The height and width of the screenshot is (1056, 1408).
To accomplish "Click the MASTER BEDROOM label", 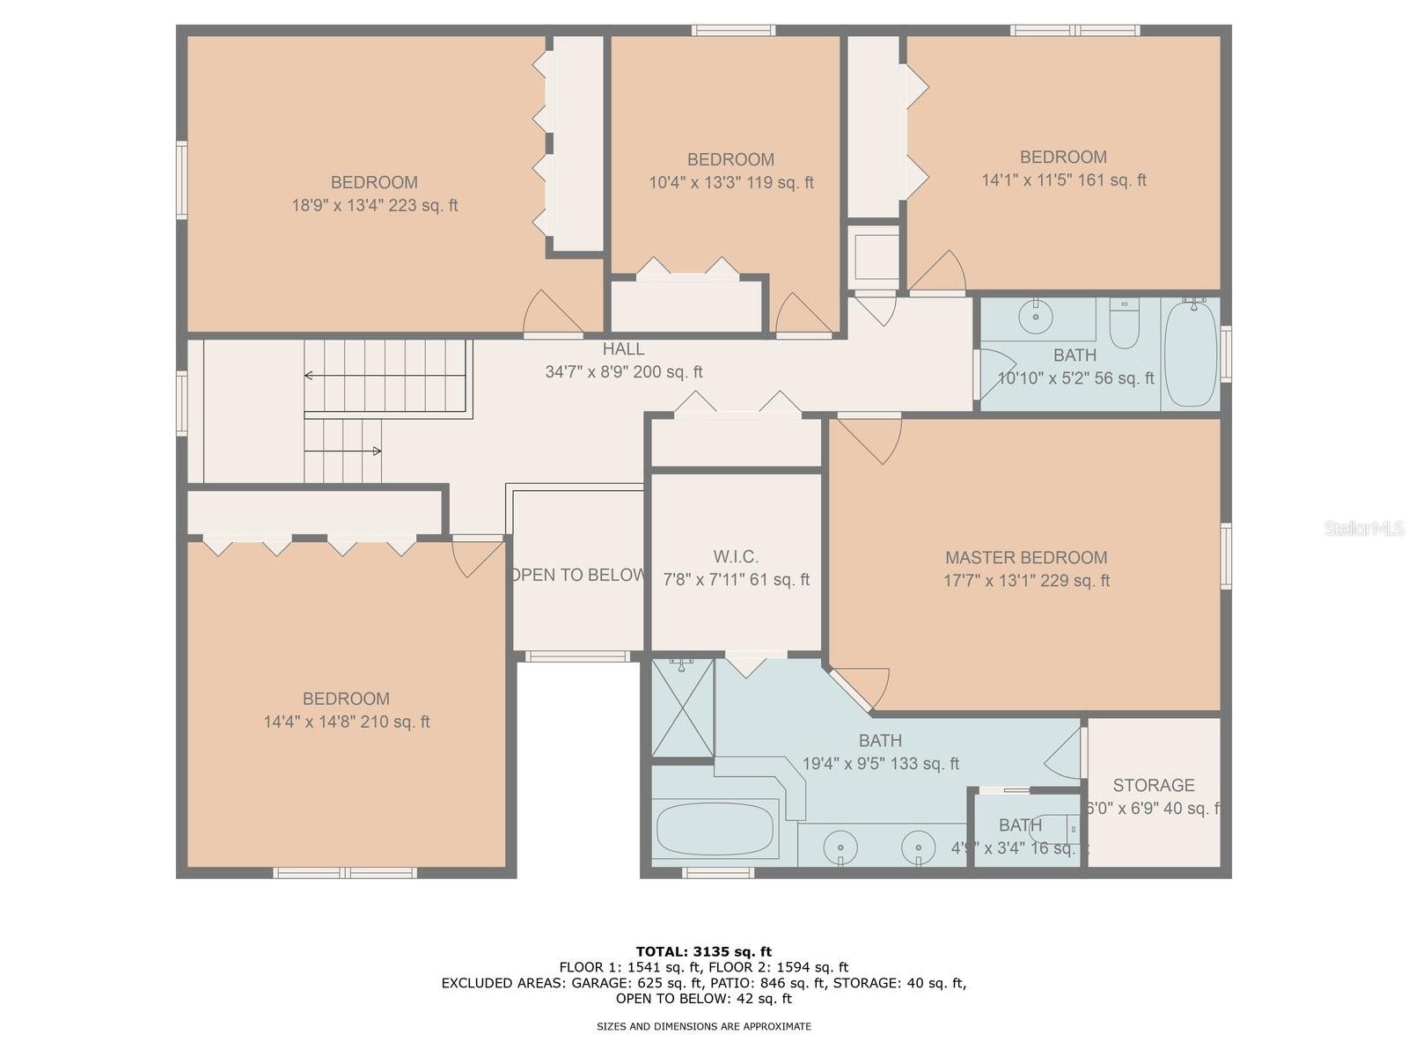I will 1026,558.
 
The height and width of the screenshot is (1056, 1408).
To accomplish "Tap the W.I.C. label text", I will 736,557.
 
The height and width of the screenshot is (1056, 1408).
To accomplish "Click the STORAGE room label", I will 1153,785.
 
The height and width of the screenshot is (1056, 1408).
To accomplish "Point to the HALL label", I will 623,349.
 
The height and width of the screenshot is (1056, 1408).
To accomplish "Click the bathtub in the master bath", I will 715,827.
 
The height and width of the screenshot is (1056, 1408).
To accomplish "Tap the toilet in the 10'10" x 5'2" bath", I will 1124,325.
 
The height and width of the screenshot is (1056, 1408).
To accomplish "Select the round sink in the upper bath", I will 1036,315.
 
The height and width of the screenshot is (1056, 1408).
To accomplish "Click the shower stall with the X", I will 683,708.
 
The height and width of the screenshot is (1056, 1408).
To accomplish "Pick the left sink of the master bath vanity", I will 840,847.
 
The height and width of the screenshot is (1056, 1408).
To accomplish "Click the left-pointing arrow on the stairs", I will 310,376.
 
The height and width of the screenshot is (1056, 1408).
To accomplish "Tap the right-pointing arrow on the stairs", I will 376,451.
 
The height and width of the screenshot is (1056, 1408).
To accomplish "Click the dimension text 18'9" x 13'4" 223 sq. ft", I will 375,206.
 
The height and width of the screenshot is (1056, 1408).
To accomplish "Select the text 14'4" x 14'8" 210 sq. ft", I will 347,722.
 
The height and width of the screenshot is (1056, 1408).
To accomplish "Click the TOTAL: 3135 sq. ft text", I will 703,951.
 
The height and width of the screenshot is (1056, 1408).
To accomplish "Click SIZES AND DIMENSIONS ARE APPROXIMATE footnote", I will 703,1026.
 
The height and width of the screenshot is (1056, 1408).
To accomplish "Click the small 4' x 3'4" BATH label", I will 1020,825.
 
